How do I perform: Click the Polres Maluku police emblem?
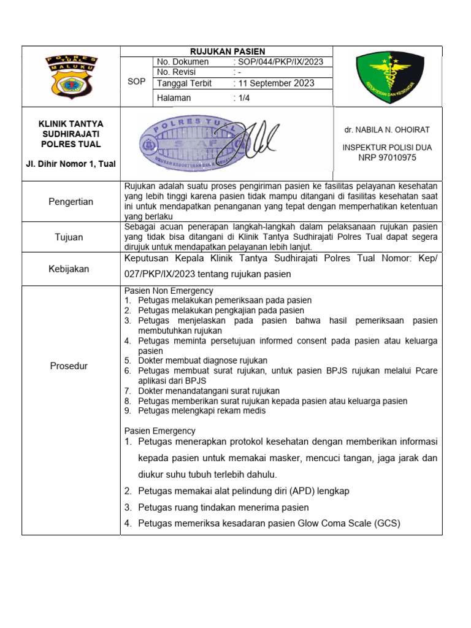[x=71, y=76]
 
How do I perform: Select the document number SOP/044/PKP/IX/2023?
[x=278, y=62]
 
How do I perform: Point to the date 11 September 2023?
[x=276, y=83]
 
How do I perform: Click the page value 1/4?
[x=245, y=98]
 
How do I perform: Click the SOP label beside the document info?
[x=136, y=81]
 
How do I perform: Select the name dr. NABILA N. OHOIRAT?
[x=386, y=130]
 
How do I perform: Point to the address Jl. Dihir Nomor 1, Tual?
[x=71, y=163]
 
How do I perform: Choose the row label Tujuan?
[x=70, y=237]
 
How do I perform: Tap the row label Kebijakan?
[x=70, y=269]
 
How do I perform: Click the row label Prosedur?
[x=70, y=366]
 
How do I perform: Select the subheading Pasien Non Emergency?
[x=169, y=291]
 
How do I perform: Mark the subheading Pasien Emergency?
[x=160, y=431]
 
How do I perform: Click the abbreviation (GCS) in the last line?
[x=387, y=523]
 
